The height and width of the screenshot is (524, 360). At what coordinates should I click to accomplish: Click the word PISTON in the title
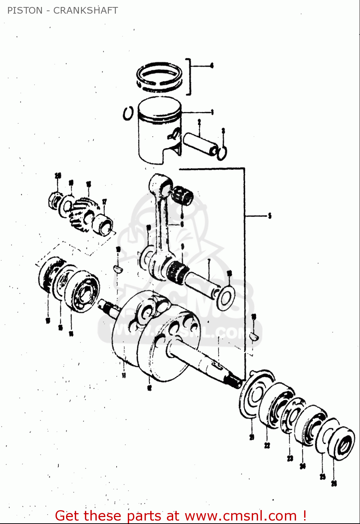(25, 10)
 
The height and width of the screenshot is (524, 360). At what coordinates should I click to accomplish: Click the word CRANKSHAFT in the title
(85, 10)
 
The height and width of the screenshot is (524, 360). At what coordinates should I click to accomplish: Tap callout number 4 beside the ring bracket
(212, 65)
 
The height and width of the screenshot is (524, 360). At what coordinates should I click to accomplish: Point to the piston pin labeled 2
(201, 143)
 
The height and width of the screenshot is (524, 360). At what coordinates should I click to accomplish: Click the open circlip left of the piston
(128, 114)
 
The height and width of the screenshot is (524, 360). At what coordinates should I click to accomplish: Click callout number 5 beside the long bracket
(270, 216)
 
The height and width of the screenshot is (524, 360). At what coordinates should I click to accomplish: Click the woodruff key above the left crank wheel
(118, 269)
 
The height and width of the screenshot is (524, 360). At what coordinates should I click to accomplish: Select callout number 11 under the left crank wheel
(124, 376)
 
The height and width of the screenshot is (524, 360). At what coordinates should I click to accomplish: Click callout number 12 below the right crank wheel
(149, 387)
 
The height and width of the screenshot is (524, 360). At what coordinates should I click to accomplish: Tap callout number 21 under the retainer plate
(252, 437)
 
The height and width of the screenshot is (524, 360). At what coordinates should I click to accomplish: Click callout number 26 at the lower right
(334, 483)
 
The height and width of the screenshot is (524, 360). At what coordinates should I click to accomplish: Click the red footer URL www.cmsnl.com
(241, 516)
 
